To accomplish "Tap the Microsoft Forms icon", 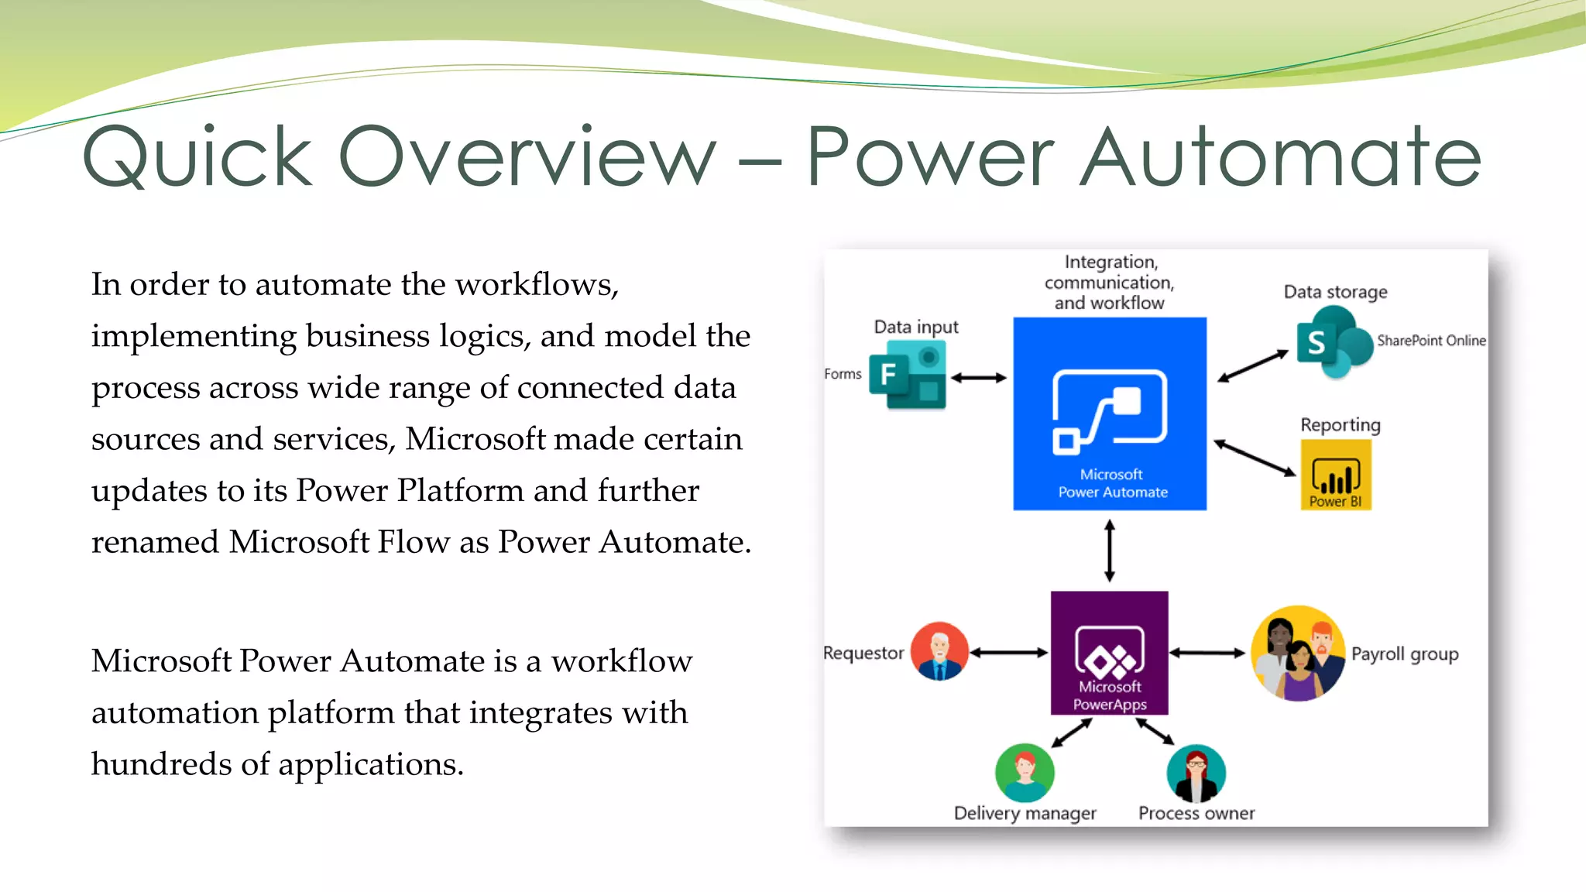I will click(908, 376).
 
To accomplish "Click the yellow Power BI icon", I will click(1336, 475).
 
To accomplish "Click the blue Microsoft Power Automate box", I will click(1110, 413).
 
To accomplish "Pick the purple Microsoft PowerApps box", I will click(1109, 653).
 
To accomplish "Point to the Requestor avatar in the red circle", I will click(939, 651).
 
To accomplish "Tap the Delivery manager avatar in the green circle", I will click(1025, 773).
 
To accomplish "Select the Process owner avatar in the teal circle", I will click(1196, 774).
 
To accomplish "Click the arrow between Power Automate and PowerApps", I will click(1110, 551).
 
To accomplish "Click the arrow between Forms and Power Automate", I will click(979, 378).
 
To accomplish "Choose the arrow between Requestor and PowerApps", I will click(1009, 653).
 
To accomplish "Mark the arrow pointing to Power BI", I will click(1255, 458).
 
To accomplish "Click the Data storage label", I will click(1335, 292).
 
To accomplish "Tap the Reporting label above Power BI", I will click(1340, 425).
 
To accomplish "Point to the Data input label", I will click(915, 327).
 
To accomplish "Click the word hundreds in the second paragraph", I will click(161, 764).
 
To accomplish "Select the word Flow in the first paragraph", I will click(413, 542).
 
